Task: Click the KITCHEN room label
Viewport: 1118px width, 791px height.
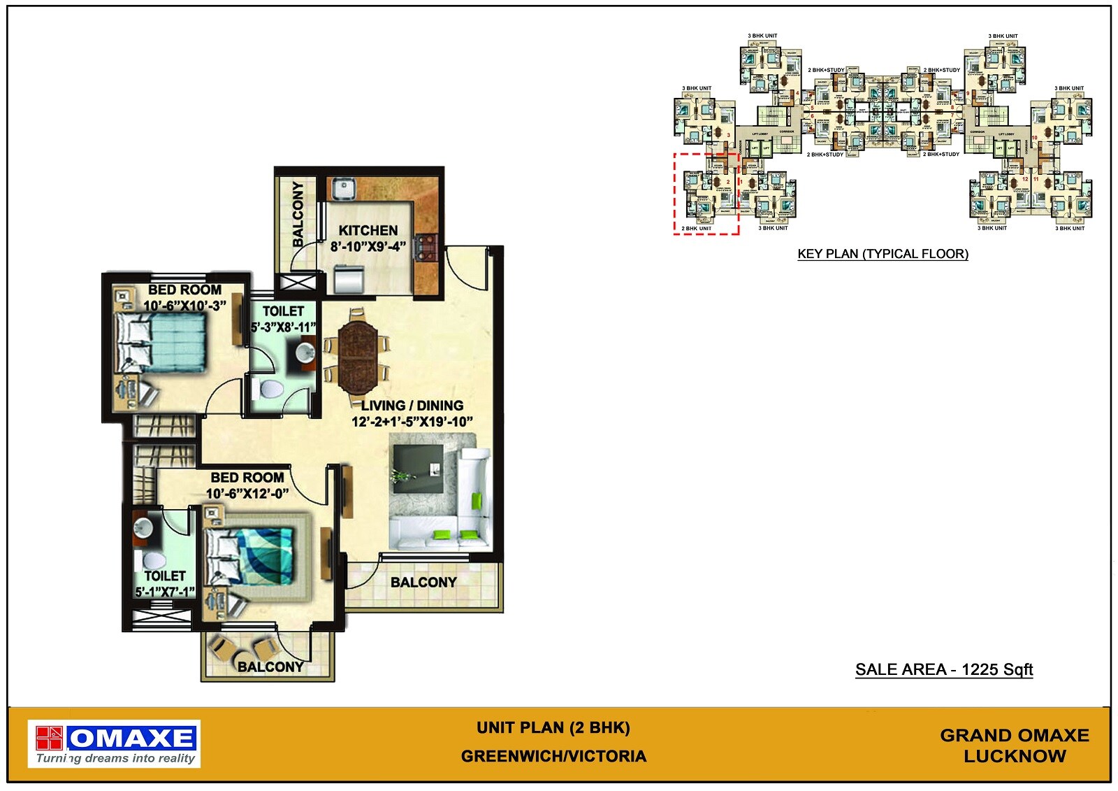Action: [x=368, y=231]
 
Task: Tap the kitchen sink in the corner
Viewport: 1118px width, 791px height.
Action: [x=344, y=188]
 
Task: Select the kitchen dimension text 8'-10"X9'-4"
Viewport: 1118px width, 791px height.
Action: [x=368, y=246]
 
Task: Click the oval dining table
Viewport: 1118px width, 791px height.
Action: [x=357, y=355]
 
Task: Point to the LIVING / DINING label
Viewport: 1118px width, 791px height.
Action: [x=412, y=406]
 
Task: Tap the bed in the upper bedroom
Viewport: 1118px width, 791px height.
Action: [x=161, y=342]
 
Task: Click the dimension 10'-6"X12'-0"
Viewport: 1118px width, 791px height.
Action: [x=247, y=494]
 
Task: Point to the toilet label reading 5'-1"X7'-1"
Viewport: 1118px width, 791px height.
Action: [x=165, y=592]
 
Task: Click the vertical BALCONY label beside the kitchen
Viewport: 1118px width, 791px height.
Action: [x=298, y=214]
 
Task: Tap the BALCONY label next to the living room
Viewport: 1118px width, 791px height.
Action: [x=423, y=583]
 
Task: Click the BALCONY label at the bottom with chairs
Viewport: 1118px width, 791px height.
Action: [x=270, y=667]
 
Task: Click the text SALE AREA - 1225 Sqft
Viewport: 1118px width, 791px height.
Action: [x=943, y=670]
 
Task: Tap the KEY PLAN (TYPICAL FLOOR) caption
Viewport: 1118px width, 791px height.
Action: [x=883, y=255]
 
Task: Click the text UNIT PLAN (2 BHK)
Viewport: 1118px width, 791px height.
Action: [x=553, y=728]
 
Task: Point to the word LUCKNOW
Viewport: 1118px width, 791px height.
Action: [x=1015, y=757]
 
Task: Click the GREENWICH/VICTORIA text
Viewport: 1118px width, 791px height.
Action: [x=553, y=757]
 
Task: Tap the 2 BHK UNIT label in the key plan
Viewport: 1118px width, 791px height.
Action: [x=696, y=229]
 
